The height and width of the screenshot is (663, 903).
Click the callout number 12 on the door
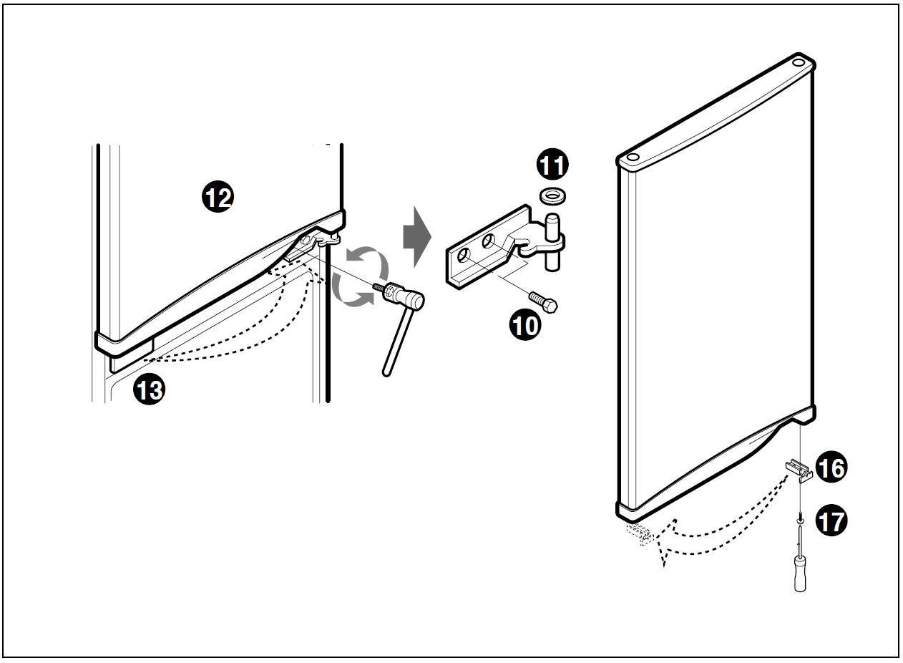point(218,196)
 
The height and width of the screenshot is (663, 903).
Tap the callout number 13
point(149,390)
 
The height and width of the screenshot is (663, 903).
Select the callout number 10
point(525,326)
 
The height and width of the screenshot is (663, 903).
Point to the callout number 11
point(552,165)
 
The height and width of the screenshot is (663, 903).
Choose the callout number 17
point(830,521)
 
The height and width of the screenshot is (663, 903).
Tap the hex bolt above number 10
point(544,301)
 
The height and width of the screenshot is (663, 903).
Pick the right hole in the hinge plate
point(489,242)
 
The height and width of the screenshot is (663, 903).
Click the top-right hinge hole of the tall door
point(799,63)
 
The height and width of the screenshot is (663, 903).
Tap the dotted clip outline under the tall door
point(639,534)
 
